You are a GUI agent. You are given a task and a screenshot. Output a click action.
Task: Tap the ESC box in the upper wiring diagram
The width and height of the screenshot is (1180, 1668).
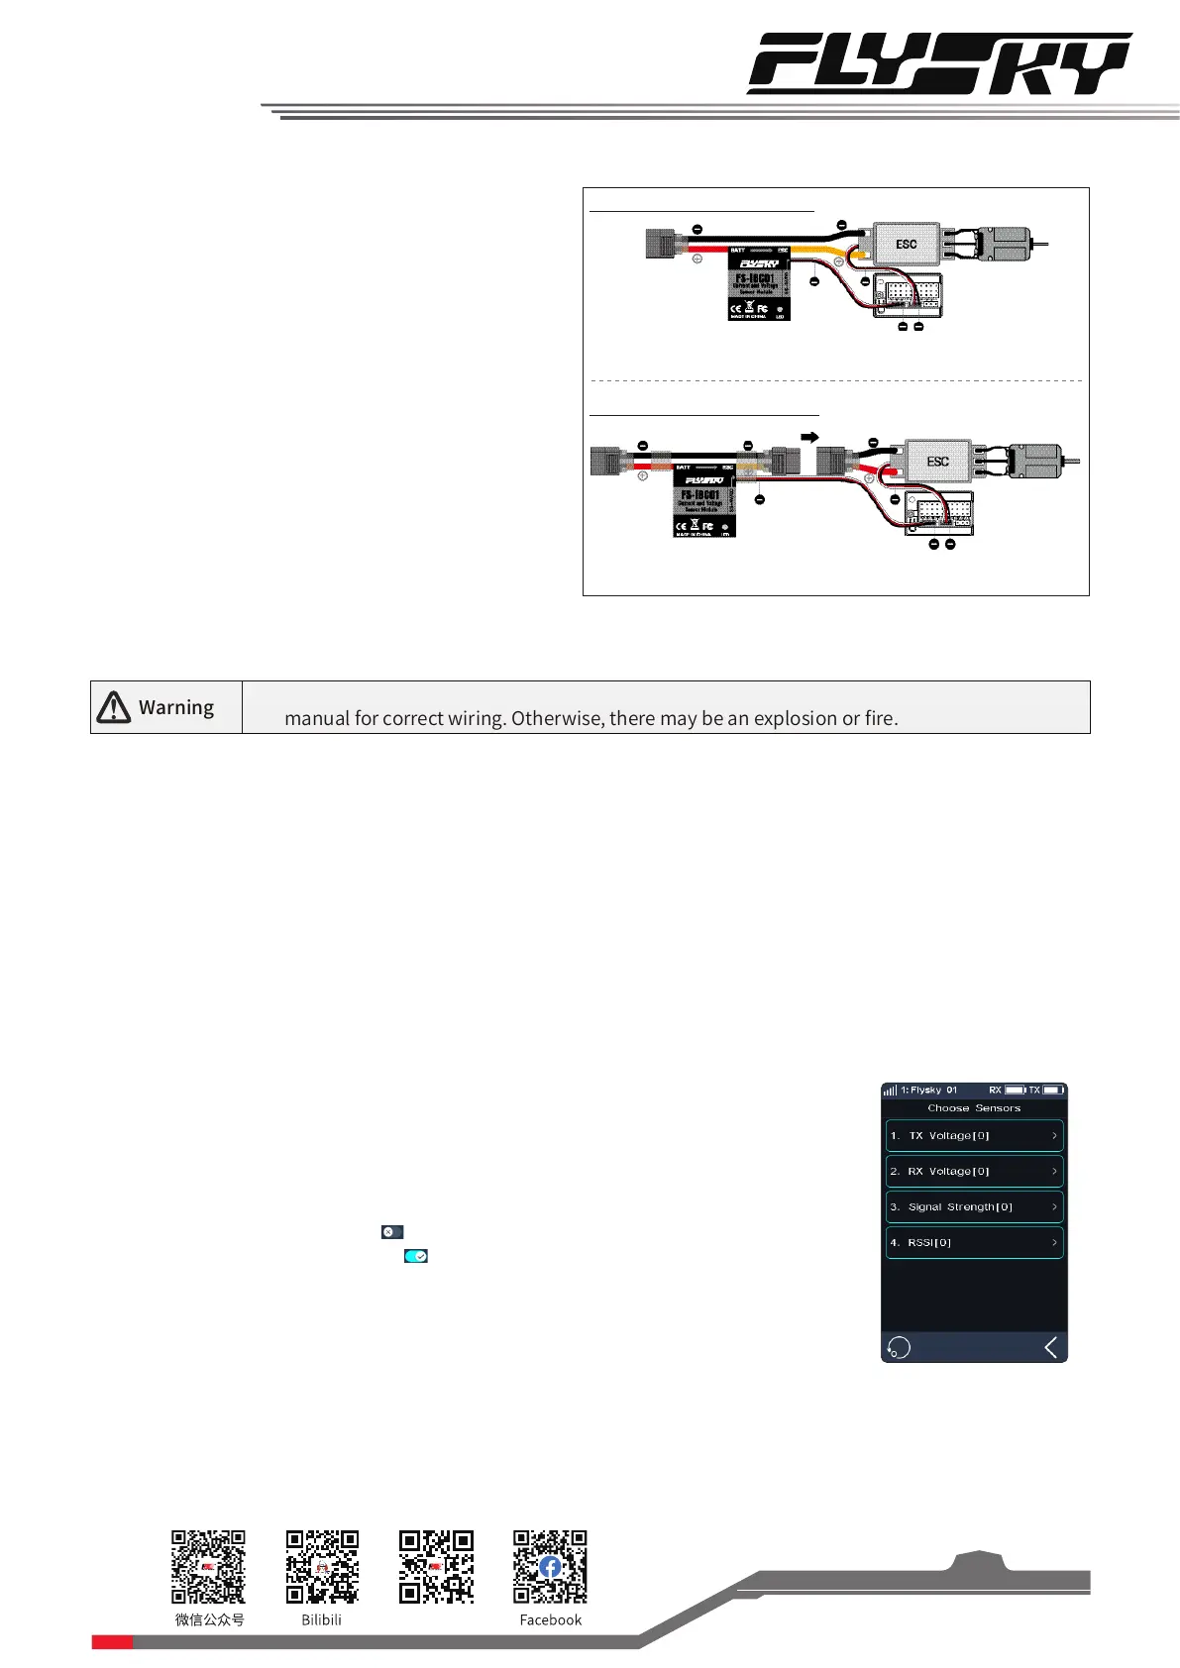tap(906, 244)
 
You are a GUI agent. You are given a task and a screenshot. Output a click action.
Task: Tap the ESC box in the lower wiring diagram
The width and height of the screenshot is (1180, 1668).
tap(937, 462)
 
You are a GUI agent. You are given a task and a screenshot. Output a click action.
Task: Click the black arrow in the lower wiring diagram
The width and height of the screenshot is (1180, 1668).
tap(809, 437)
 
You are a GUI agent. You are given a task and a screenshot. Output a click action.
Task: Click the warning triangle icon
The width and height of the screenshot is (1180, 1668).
tap(114, 707)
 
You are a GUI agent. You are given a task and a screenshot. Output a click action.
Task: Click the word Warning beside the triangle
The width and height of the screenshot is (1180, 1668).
tap(176, 707)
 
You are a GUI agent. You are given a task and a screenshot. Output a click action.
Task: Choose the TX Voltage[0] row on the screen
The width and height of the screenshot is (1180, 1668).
tap(974, 1136)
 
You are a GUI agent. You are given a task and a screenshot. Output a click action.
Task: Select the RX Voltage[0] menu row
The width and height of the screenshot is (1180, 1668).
tap(974, 1172)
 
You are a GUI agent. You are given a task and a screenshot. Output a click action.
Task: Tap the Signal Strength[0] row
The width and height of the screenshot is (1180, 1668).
tap(974, 1207)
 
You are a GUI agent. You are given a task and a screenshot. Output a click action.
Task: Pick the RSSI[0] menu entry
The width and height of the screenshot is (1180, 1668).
tap(974, 1243)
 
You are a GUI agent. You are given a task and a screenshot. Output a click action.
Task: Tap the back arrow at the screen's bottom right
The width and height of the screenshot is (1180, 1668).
tap(1051, 1347)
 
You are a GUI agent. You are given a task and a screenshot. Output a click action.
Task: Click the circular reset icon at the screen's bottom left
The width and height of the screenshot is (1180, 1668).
tap(899, 1347)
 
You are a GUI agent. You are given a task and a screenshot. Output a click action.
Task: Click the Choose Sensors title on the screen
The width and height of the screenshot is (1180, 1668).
tap(974, 1108)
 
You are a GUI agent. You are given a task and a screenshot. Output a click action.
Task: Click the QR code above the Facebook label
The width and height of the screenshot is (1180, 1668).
tap(550, 1567)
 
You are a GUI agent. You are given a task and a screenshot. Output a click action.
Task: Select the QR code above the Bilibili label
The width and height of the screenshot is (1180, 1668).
tap(322, 1567)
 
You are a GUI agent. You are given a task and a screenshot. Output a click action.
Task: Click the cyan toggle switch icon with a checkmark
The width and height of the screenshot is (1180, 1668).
tap(416, 1256)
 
